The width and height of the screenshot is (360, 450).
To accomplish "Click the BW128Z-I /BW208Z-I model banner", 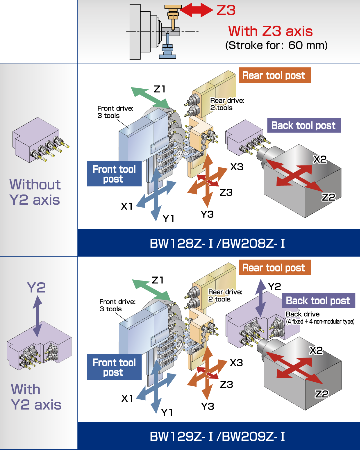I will pyautogui.click(x=217, y=241).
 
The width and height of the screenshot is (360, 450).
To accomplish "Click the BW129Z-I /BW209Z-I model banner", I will pyautogui.click(x=217, y=436).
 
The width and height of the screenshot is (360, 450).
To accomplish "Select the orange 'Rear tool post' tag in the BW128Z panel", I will pyautogui.click(x=275, y=75).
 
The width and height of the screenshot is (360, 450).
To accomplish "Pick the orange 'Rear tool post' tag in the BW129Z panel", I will pyautogui.click(x=275, y=267).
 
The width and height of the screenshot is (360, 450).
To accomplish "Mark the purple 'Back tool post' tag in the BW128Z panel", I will pyautogui.click(x=309, y=126).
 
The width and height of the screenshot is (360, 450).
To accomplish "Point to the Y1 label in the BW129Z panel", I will pyautogui.click(x=168, y=410).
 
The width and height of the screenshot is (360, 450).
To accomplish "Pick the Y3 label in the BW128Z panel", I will pyautogui.click(x=206, y=214).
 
